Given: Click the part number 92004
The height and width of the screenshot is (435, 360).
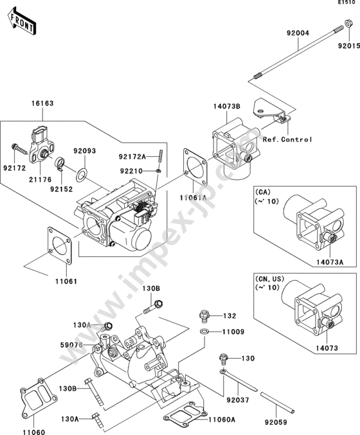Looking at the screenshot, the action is (x=298, y=33).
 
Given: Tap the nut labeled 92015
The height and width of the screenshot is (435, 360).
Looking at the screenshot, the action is (x=348, y=24).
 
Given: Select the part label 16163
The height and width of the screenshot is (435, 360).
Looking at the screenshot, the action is (x=42, y=103).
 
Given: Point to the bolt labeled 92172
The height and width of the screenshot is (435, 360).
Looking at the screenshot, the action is (x=19, y=149).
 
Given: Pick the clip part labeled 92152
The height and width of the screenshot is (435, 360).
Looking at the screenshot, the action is (x=60, y=163).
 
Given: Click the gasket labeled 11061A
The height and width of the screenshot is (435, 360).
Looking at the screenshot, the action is (x=195, y=166).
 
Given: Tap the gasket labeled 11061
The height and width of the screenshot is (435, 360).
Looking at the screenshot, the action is (x=60, y=245).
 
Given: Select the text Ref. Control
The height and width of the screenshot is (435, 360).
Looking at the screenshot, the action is (x=287, y=139).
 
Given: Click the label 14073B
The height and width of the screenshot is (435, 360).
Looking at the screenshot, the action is (x=227, y=106).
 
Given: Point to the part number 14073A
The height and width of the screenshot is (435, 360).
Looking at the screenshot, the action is (x=330, y=262).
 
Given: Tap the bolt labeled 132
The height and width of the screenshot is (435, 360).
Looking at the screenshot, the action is (x=204, y=317).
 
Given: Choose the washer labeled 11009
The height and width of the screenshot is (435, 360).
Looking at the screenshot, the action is (x=204, y=332).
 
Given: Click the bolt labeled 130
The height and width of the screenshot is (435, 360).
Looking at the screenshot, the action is (x=224, y=360).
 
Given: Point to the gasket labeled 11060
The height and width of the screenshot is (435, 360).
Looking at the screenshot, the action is (x=39, y=398).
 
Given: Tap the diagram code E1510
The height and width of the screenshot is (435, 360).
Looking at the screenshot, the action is (x=346, y=3).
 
